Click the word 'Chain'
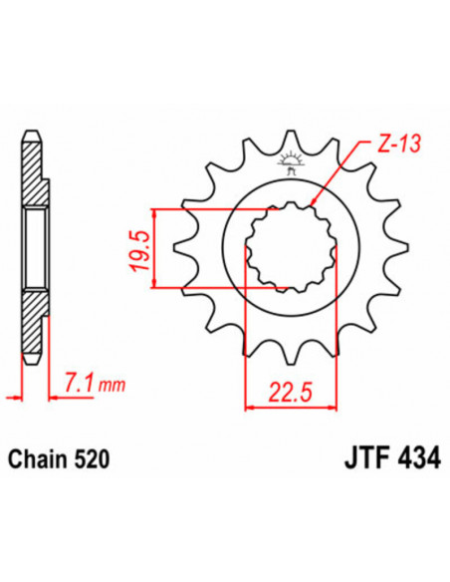pyautogui.click(x=37, y=460)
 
